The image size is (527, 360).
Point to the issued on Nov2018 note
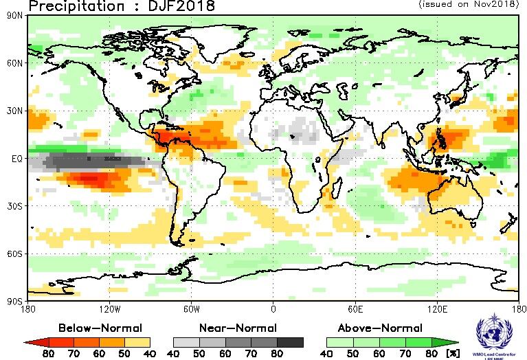[468, 4]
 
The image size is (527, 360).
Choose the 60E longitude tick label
[355, 308]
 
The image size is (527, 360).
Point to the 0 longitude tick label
[273, 308]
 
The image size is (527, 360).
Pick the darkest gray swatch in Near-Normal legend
[291, 341]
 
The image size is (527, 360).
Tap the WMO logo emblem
[493, 335]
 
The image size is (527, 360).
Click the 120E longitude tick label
[436, 308]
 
